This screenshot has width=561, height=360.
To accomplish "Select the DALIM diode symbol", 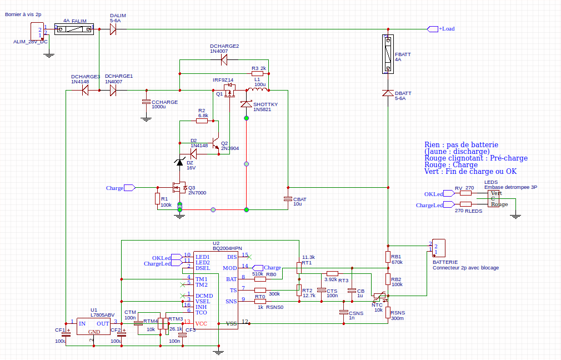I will (113, 29).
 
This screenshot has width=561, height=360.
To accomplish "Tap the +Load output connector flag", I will (432, 29).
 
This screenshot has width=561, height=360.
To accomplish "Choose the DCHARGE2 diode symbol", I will (224, 58).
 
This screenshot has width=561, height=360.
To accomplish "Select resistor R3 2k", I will (257, 73).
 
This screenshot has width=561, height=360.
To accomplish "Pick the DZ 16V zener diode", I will (181, 162).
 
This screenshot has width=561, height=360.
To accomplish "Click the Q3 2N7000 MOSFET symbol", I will (179, 188).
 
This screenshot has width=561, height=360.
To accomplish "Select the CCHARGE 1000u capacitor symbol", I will (146, 102).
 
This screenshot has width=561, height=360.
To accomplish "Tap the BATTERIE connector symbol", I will (438, 248).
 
